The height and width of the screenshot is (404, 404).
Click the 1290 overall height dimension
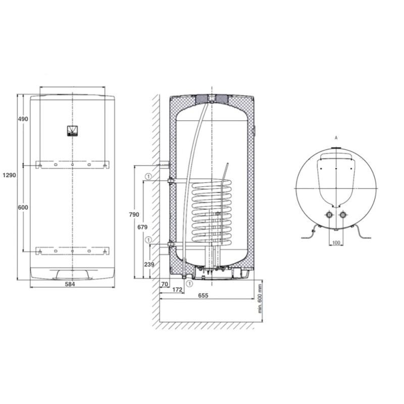(9, 175)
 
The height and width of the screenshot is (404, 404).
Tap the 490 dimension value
(23, 119)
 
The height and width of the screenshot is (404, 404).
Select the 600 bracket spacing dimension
(23, 208)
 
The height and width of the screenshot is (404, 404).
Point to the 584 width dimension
(70, 284)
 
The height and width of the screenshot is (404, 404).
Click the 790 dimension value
(134, 214)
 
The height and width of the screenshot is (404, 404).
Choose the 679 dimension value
(142, 227)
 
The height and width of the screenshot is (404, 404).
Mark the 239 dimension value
(149, 264)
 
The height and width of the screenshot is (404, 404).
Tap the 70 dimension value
(165, 284)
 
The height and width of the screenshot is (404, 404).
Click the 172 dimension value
(177, 289)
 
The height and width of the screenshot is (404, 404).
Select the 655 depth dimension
(203, 295)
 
